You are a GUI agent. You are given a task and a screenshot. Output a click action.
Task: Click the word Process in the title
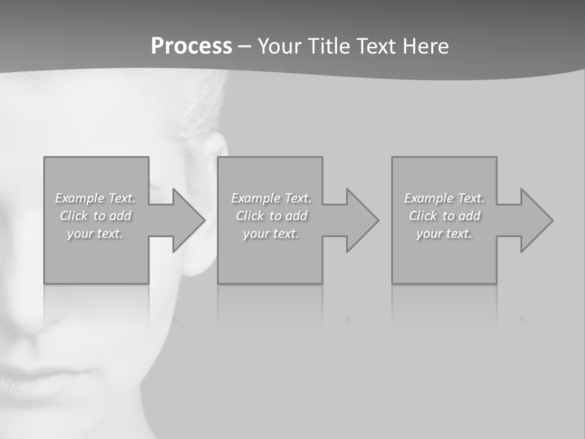[x=191, y=46]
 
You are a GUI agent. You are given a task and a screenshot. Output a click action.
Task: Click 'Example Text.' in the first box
[x=96, y=198]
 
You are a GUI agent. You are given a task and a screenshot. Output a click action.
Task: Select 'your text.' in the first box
[x=96, y=234]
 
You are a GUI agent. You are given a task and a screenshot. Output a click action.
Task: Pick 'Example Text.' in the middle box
[x=271, y=198]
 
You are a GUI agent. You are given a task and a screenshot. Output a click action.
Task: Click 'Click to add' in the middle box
[x=271, y=216]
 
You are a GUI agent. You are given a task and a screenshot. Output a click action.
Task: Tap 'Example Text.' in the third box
[x=444, y=198]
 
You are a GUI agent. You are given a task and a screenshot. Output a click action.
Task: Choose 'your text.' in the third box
[x=444, y=234]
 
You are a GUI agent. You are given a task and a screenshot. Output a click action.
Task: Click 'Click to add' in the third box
[x=444, y=216]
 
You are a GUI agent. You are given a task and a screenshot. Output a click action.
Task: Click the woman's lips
[x=37, y=381]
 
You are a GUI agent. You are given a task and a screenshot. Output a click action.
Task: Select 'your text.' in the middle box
[x=271, y=234]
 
